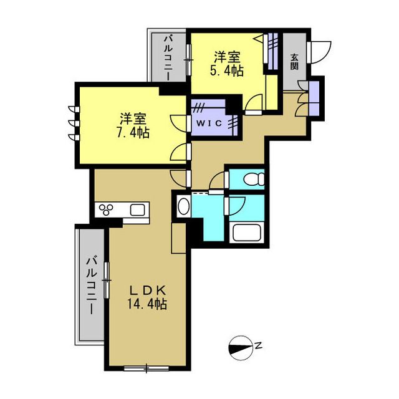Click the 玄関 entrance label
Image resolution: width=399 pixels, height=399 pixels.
pos(294,62)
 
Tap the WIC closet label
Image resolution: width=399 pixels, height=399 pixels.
pos(209,123)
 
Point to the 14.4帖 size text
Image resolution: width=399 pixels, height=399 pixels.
pos(147,304)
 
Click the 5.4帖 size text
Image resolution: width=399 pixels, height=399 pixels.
pos(227,70)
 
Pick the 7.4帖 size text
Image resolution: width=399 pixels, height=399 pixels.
pos(133,132)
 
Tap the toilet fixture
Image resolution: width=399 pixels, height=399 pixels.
pos(254,179)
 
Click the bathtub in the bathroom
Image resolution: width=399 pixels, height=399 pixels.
pos(247,232)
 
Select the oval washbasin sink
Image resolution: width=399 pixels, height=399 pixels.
pos(184,206)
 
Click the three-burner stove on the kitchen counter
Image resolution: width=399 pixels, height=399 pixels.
pos(106,210)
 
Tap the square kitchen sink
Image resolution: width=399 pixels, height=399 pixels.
pos(138,210)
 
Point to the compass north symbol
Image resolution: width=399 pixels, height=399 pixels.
pos(241,349)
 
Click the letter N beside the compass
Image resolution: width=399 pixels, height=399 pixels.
pos(259,346)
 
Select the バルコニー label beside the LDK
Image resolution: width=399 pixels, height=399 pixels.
pos(92,286)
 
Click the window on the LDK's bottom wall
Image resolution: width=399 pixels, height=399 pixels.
pos(147,368)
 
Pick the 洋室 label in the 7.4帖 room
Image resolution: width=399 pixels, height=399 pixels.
pos(133,119)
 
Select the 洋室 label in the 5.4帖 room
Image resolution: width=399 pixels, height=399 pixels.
pos(227,57)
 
